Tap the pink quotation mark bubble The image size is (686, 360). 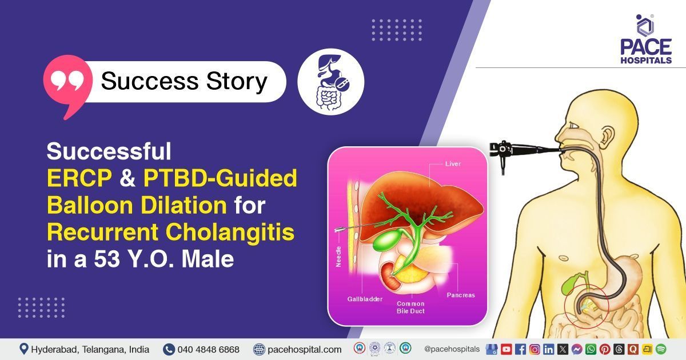point(67,83)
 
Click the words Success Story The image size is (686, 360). point(184,82)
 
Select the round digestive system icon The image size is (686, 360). point(330,82)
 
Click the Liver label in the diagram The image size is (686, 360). point(452,164)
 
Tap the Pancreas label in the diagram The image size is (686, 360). point(460,295)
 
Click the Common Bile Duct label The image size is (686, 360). point(410,307)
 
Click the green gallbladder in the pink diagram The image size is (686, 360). point(384,239)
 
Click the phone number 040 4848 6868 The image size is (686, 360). point(209,349)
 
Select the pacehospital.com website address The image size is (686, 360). point(304,349)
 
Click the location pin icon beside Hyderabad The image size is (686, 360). point(23,349)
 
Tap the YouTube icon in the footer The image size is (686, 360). point(506,349)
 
